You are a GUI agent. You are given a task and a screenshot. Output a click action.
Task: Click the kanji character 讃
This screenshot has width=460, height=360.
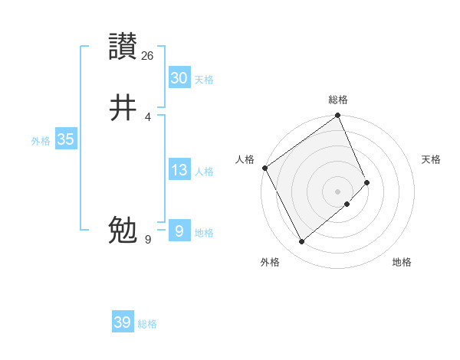pos(123,47)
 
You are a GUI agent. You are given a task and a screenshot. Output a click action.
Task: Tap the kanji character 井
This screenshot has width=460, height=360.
pos(123,108)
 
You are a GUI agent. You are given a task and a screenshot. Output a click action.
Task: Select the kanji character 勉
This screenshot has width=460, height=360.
pos(123,231)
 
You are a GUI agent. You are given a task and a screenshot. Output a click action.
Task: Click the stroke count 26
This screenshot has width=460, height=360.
pos(148,56)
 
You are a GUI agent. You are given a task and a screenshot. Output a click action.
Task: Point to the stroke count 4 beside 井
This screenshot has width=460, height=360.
pos(148,117)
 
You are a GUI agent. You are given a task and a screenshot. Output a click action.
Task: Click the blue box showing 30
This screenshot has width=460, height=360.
pos(179,78)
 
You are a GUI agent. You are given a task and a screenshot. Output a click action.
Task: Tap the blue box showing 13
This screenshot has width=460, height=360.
pos(179,171)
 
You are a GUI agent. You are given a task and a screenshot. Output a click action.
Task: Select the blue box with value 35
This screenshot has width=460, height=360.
pos(65,140)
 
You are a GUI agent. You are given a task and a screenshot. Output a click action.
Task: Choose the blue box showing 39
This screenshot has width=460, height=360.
pos(123,323)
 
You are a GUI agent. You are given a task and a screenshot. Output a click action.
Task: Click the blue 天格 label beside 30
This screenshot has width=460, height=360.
pos(204,79)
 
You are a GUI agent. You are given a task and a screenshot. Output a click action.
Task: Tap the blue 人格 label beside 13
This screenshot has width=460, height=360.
pos(204,172)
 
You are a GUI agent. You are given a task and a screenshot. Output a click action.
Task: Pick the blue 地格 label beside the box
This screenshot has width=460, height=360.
pos(204,233)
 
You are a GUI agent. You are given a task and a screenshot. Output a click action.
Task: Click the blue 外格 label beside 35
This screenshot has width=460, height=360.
pos(40,141)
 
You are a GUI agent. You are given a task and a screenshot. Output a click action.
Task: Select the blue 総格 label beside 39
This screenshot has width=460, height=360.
pos(147,324)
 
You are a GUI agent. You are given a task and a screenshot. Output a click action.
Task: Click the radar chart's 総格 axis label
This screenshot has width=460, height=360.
pos(338,100)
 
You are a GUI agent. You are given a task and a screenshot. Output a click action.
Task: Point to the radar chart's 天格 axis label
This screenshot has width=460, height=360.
pos(431,159)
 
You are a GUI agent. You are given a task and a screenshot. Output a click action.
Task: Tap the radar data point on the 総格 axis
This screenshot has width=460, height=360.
pos(337,116)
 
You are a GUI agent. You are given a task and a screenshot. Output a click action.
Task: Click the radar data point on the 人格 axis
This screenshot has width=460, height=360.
pos(264,168)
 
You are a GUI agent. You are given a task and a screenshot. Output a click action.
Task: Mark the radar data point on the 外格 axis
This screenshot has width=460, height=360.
pos(301,241)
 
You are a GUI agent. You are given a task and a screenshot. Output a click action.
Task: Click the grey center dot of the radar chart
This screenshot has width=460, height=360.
pos(337,191)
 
